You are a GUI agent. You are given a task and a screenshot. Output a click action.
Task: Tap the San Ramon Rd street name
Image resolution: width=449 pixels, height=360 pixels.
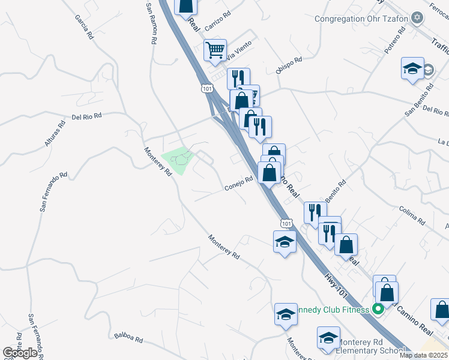click(x=152, y=23)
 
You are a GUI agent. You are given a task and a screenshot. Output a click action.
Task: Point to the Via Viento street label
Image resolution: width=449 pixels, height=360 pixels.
click(x=238, y=52)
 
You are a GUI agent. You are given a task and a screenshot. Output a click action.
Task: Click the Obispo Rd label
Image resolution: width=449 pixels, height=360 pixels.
click(x=289, y=65)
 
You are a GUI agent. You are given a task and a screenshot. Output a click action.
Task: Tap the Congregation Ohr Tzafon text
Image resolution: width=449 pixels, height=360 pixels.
click(x=361, y=19)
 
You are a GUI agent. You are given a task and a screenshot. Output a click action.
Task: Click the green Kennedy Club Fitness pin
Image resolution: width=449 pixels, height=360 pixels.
click(x=378, y=310)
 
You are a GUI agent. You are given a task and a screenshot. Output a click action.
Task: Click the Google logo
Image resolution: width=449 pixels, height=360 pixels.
click(x=20, y=353)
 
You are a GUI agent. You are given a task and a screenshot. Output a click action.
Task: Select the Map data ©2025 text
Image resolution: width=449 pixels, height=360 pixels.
click(x=424, y=355)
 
